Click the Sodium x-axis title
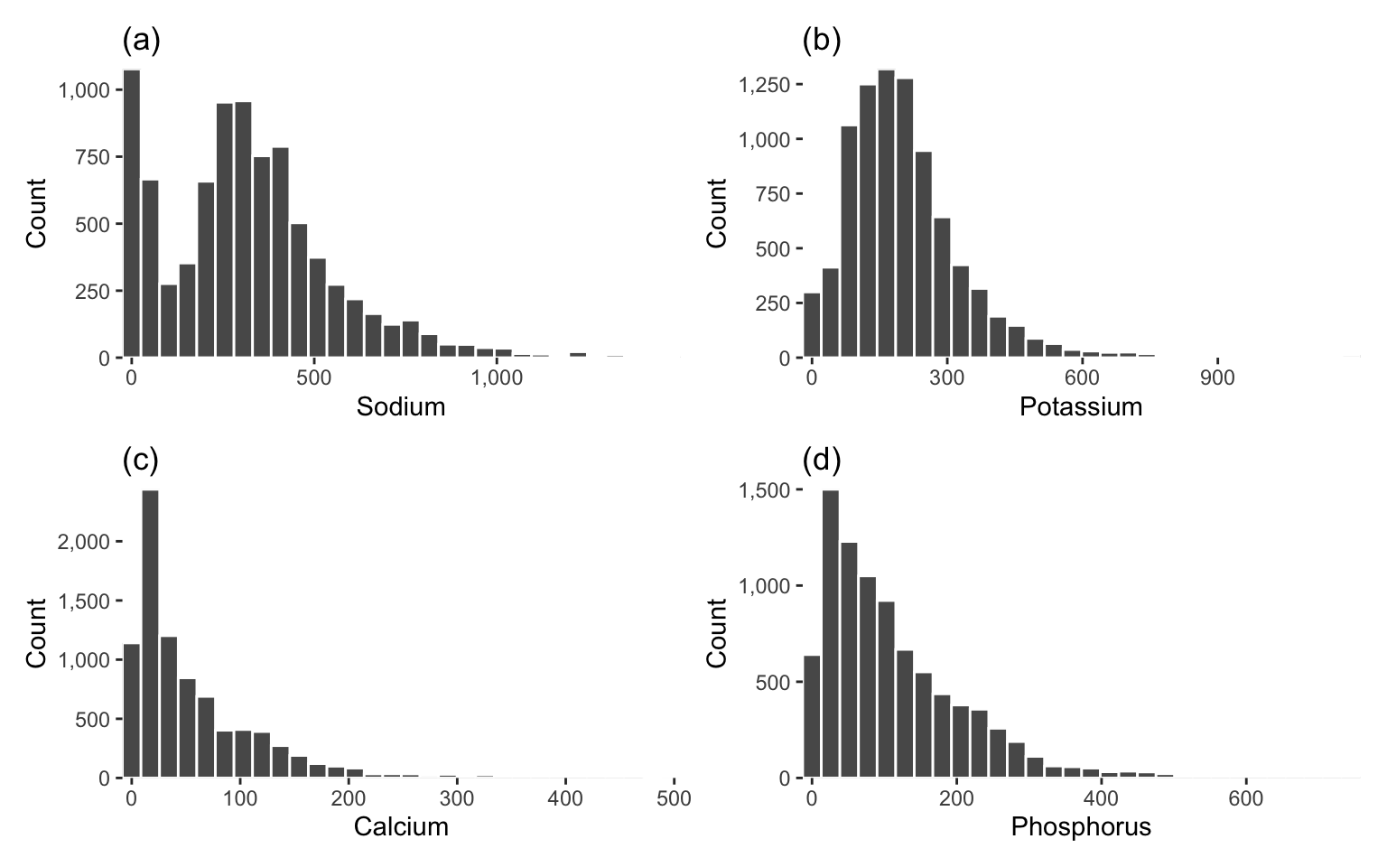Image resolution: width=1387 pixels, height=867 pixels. [x=401, y=407]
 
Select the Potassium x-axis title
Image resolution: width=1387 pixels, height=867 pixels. [x=1080, y=407]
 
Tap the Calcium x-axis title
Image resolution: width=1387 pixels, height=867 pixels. [x=401, y=826]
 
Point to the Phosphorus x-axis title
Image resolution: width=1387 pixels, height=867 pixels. [x=1081, y=826]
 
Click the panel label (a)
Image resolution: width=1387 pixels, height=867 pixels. [x=141, y=41]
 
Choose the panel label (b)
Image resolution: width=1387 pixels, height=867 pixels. [x=821, y=41]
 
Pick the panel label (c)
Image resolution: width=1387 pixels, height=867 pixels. [x=140, y=461]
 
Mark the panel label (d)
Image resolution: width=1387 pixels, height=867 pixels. [x=821, y=461]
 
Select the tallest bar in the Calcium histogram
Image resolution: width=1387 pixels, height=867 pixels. [x=150, y=632]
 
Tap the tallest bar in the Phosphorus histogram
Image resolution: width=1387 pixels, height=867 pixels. [x=830, y=632]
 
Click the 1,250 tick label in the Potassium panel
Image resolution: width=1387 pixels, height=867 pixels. [x=764, y=85]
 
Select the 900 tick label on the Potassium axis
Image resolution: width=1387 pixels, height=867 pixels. [x=1217, y=378]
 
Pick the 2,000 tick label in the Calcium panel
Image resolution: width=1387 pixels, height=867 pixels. [x=83, y=542]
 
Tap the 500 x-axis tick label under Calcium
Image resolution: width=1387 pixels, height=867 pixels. [x=674, y=798]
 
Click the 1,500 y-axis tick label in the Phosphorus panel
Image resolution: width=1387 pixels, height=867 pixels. [x=764, y=490]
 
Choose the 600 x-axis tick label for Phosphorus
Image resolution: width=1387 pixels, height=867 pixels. [x=1245, y=798]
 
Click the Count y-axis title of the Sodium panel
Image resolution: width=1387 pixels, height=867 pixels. [x=36, y=213]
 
